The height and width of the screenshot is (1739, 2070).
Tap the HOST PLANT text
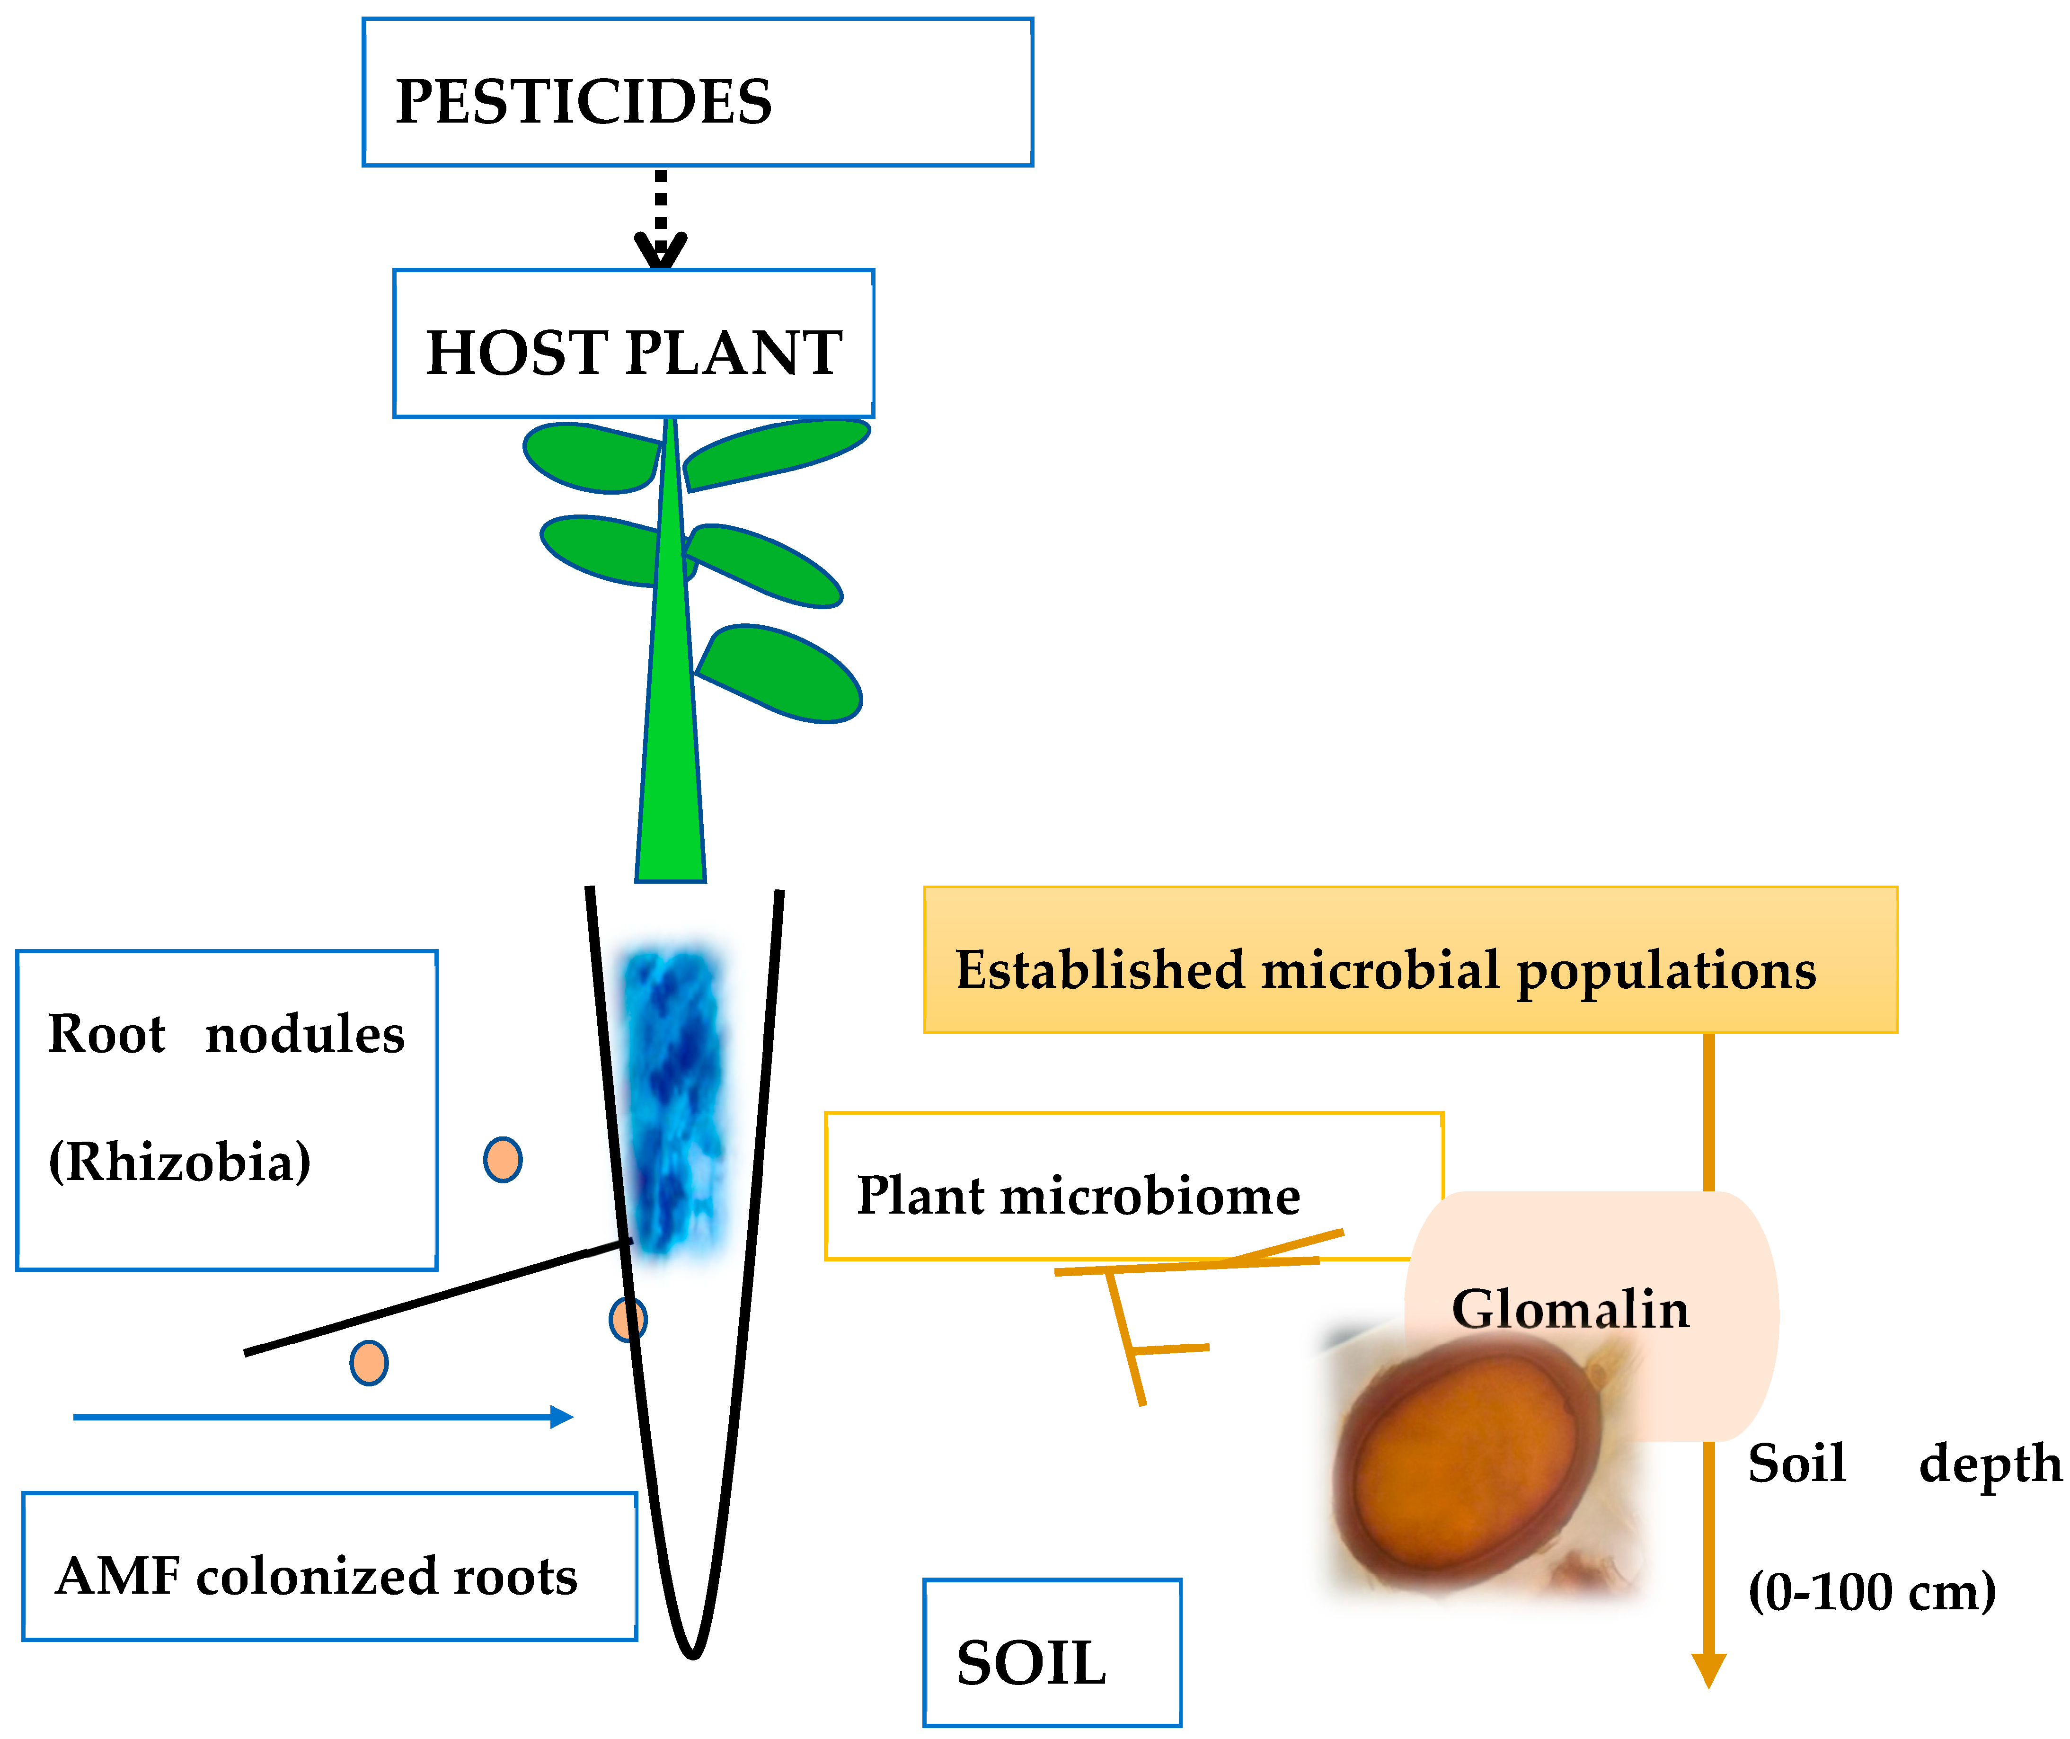(634, 353)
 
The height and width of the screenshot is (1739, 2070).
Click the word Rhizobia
(179, 1161)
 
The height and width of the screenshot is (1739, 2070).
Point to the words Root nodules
(226, 1034)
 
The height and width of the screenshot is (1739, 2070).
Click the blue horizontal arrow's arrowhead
(562, 1417)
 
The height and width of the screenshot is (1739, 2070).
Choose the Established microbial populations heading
(1385, 970)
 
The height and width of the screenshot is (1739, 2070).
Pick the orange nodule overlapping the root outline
(628, 1319)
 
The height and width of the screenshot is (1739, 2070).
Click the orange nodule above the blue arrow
(369, 1363)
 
